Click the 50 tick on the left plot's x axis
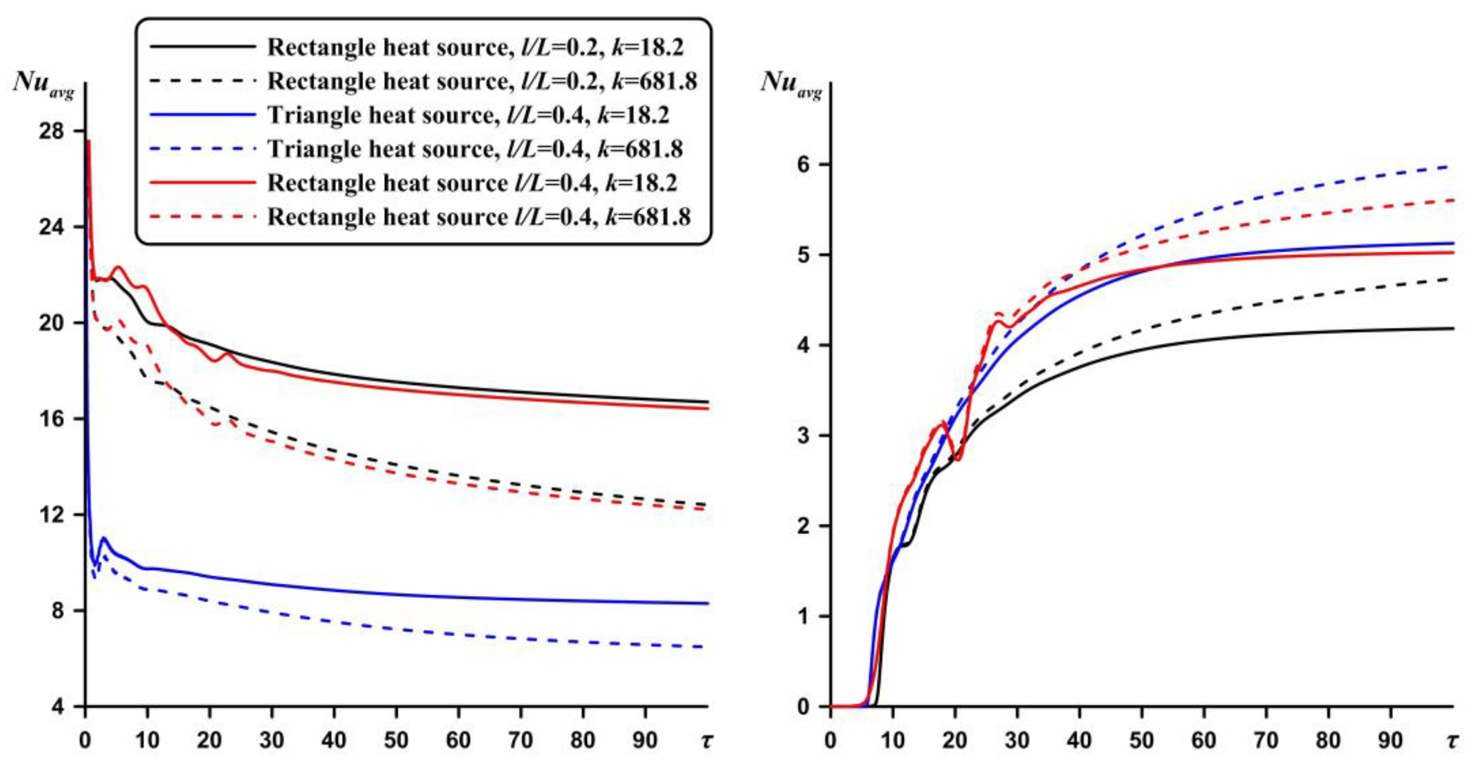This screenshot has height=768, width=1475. click(396, 741)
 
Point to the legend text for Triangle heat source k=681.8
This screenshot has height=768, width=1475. click(475, 149)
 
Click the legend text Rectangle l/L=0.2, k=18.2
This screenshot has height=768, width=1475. click(475, 47)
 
